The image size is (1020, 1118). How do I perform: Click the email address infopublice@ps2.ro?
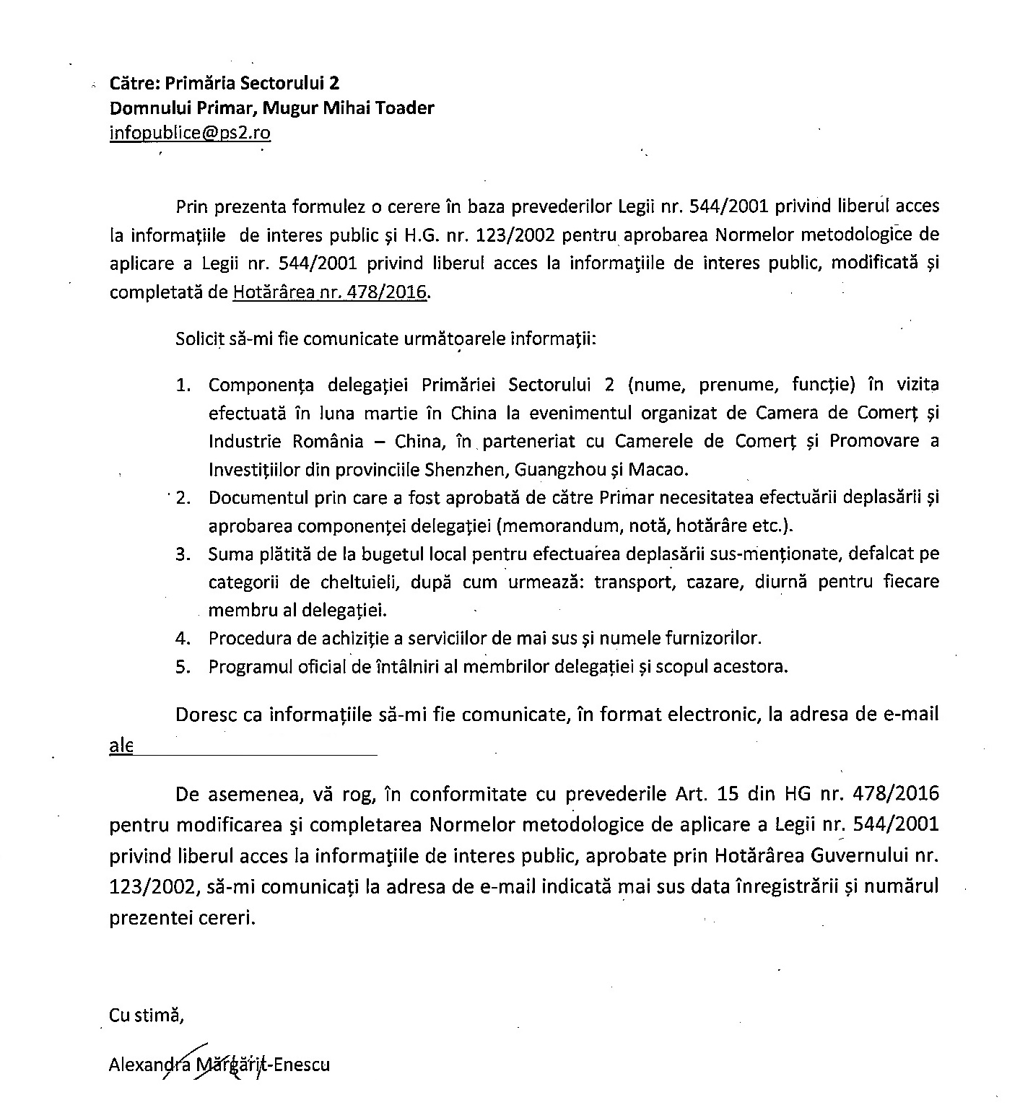[x=190, y=133]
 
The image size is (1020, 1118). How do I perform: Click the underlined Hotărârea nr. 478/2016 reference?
[x=330, y=292]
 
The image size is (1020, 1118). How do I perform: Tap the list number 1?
[x=184, y=385]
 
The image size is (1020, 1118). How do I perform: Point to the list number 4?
[x=183, y=639]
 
